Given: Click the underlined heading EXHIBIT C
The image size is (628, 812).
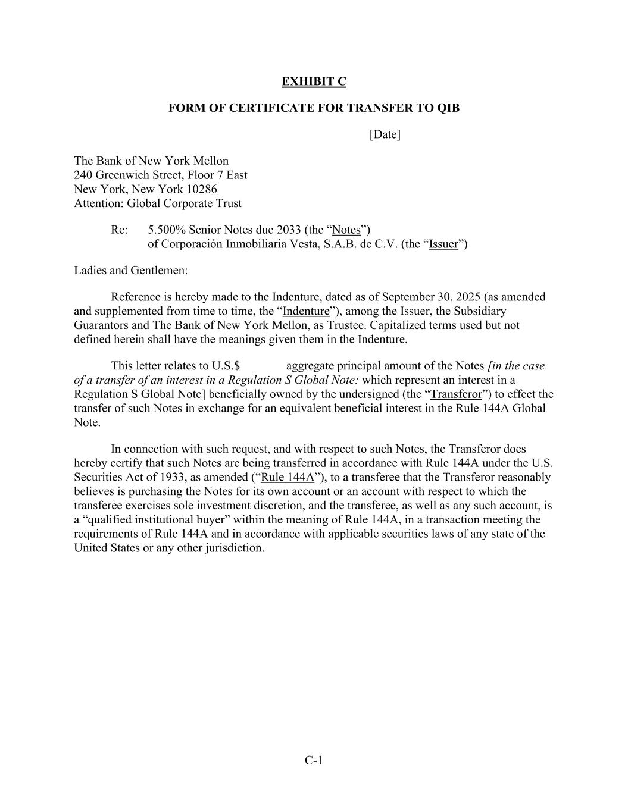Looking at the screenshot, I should pos(314,81).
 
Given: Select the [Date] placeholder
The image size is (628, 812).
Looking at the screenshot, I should pos(385,134).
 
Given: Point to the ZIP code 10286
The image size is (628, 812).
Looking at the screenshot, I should pos(201,189).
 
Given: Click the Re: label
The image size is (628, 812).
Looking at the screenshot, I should pos(119,230).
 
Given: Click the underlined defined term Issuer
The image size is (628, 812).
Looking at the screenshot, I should pos(443,244).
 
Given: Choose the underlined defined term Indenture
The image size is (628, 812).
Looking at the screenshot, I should pos(306,311).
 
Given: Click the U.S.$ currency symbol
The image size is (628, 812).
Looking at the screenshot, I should pos(226,366).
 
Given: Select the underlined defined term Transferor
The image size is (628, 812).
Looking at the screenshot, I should pos(456,394).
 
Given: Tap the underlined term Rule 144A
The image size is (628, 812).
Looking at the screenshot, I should pos(288,477).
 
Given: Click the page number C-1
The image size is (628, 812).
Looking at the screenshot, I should pos(314,760).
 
